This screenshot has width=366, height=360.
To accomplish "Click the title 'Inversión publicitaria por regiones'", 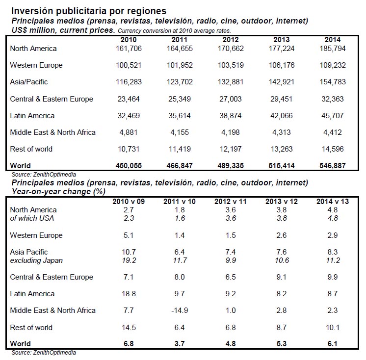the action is coord(89,11).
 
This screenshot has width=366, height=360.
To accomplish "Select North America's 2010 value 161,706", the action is coord(129,49).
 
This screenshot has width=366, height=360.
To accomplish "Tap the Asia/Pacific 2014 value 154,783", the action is coord(332,82).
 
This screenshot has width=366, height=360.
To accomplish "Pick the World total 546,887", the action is coord(332,166).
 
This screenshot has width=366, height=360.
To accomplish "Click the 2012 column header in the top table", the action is coord(231,40).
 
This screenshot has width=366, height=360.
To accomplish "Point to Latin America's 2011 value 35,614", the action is coord(180,116).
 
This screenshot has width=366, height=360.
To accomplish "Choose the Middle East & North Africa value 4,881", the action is coord(129,132).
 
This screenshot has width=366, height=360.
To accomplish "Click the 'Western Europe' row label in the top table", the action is coord(36,65).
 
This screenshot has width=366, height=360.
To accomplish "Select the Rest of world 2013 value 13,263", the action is coord(282,149).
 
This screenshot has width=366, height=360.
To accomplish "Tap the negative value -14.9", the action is coord(180,310).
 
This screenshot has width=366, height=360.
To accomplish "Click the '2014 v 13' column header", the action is coord(332,202).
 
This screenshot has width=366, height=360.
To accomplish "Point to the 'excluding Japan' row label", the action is coord(36,260).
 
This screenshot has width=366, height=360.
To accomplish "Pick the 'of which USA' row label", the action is coord(32,218).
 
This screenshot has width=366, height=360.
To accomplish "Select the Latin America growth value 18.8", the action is coord(129,294).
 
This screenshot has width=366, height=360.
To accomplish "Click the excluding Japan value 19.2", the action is coord(129,260).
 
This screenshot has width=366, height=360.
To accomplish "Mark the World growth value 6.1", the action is coord(332,344).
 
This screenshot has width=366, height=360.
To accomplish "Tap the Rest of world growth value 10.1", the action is coord(332,328).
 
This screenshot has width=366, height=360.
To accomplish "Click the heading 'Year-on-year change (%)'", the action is coord(58,192).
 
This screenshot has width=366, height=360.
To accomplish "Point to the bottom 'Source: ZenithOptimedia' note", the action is coord(44,353).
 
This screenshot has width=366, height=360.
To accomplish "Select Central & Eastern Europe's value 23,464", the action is coord(129,99).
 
